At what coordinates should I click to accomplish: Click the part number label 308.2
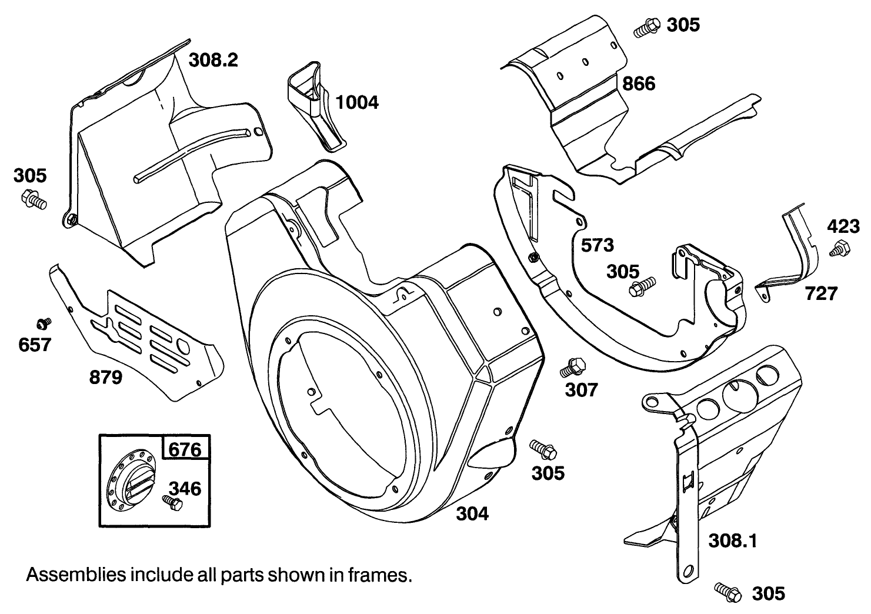[213, 59]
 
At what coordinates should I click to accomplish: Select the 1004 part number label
[357, 102]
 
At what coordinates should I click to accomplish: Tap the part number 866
[639, 84]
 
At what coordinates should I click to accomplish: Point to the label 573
[597, 245]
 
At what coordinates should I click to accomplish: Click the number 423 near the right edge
[843, 226]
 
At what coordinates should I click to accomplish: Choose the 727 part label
[821, 293]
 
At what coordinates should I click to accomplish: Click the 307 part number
[582, 389]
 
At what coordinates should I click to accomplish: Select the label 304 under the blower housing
[472, 513]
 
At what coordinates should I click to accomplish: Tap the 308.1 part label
[732, 540]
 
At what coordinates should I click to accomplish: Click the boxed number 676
[185, 450]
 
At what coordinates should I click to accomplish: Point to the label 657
[35, 345]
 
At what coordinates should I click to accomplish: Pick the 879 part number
[106, 378]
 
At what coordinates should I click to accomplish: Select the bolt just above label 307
[571, 366]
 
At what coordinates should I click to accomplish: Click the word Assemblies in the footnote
[67, 575]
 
